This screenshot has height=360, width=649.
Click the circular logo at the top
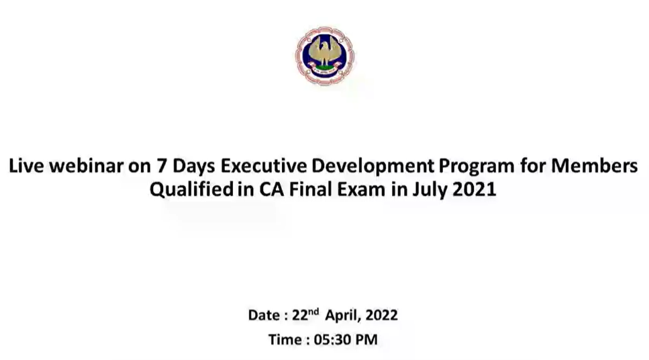pyautogui.click(x=325, y=56)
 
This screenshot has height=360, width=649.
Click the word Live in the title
pyautogui.click(x=26, y=166)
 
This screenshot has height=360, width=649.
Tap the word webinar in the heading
pyautogui.click(x=86, y=166)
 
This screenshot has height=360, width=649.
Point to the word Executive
pyautogui.click(x=264, y=166)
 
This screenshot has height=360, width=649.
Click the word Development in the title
pyautogui.click(x=373, y=167)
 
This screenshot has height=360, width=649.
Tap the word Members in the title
pyautogui.click(x=595, y=166)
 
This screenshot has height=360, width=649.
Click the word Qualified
pyautogui.click(x=192, y=189)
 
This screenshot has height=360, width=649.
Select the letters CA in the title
pyautogui.click(x=272, y=189)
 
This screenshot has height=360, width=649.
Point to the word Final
pyautogui.click(x=311, y=189)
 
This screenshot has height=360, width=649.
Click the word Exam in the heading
pyautogui.click(x=361, y=189)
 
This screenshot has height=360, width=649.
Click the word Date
pyautogui.click(x=264, y=315)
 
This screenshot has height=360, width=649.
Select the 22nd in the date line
pyautogui.click(x=305, y=314)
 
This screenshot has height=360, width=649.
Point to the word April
pyautogui.click(x=342, y=316)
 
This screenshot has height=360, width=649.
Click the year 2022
pyautogui.click(x=382, y=315)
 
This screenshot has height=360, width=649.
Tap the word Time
pyautogui.click(x=285, y=340)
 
